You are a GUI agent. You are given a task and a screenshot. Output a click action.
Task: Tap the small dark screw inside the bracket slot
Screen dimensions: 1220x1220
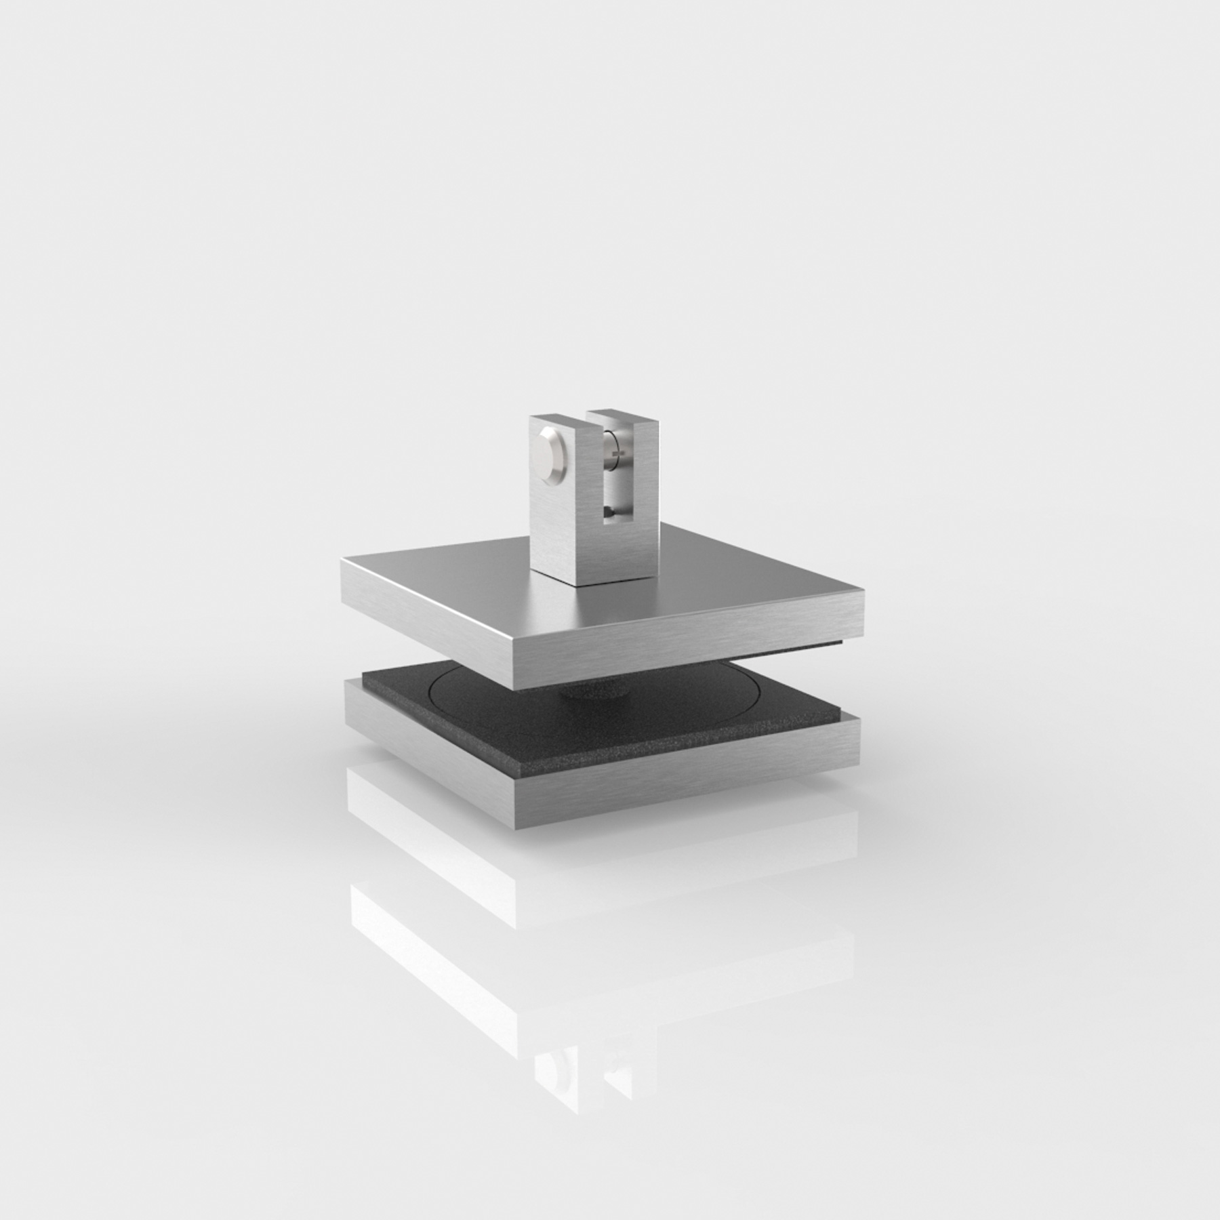tap(609, 514)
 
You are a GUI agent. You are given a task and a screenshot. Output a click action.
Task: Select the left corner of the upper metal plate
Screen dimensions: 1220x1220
tap(344, 560)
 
